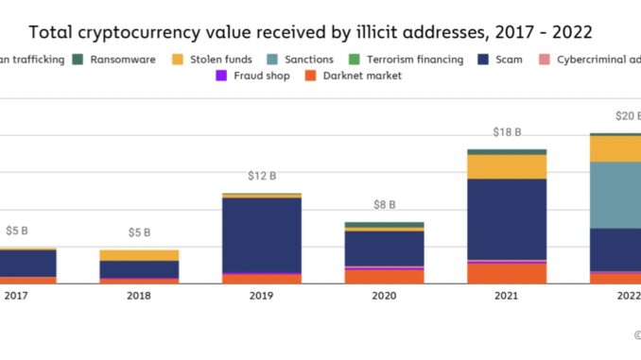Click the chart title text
[310, 31]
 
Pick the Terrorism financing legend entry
[407, 60]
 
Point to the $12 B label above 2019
[262, 177]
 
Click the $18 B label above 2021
[507, 132]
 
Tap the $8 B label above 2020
[384, 205]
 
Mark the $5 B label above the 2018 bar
[139, 232]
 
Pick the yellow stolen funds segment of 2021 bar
[507, 166]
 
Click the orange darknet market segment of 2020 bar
[384, 276]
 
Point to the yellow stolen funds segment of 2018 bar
[139, 255]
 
